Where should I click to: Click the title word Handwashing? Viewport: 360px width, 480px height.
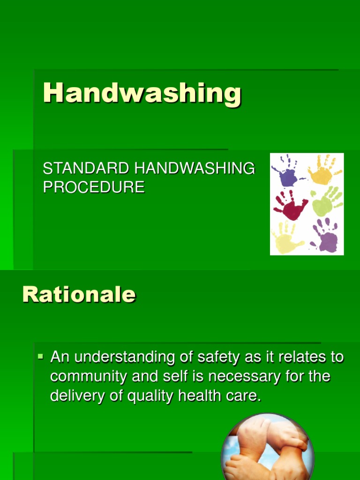pos(142,93)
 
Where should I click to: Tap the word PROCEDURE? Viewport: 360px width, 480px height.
pos(94,187)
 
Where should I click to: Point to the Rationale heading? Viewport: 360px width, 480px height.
pos(79,295)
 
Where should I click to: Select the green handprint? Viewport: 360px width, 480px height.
pos(327,202)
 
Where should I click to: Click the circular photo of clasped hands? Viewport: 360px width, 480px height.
pos(267,448)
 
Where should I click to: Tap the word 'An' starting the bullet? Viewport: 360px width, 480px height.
pos(60,357)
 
